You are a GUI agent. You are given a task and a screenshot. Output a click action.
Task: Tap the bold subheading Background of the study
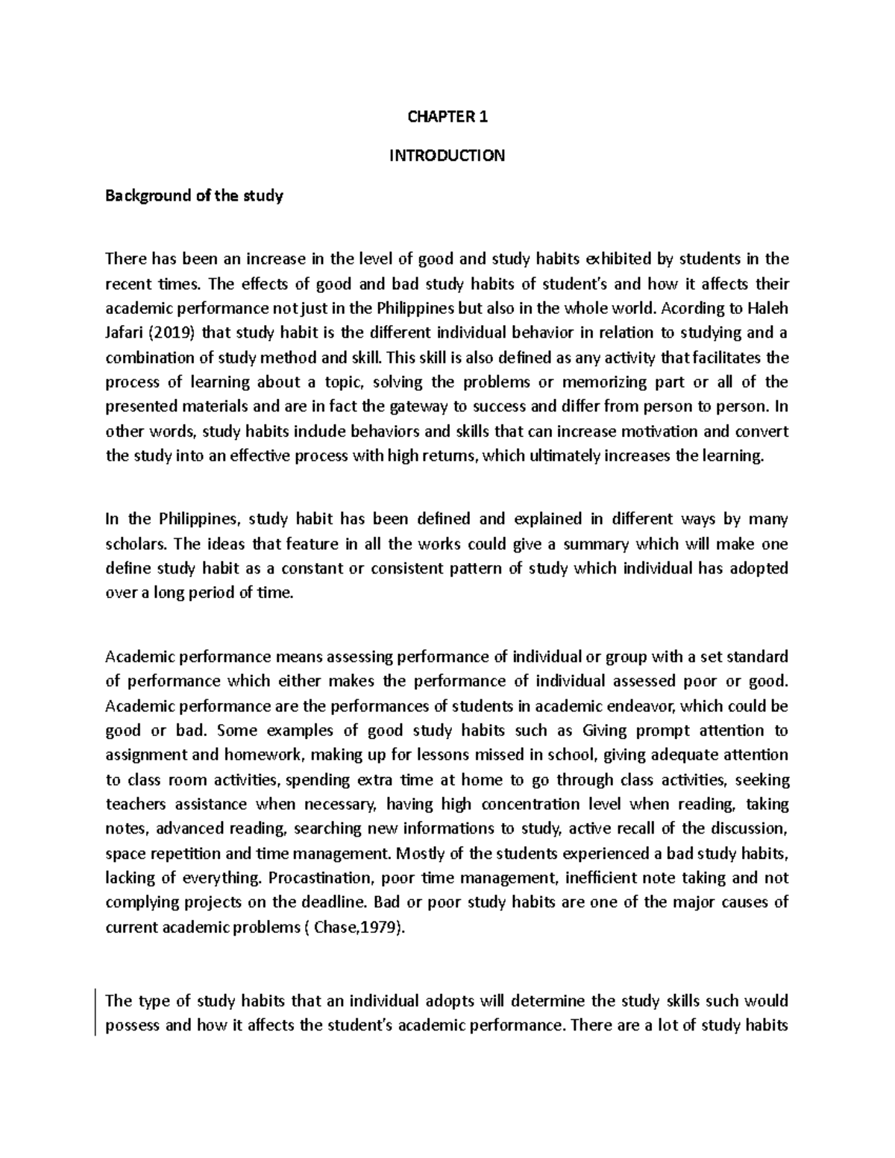tap(194, 196)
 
